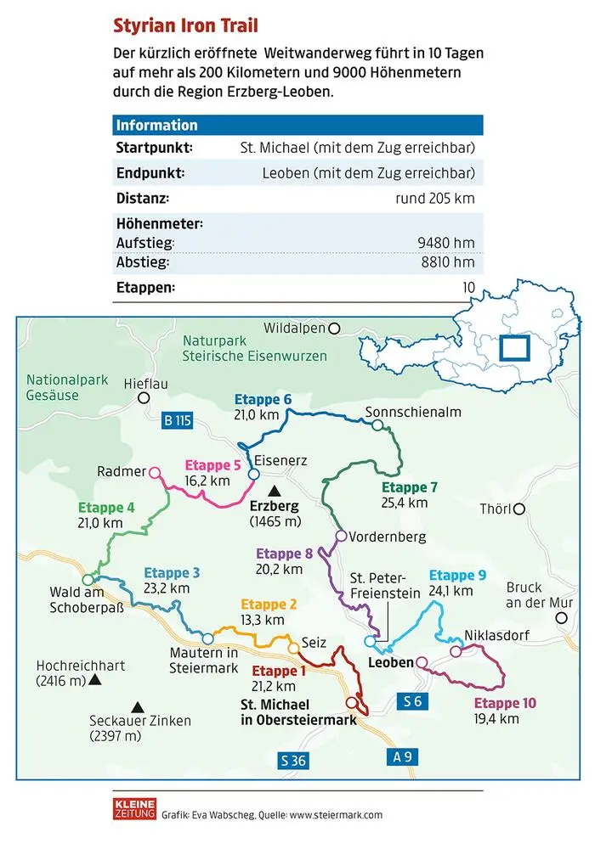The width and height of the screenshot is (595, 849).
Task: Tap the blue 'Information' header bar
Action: point(297,125)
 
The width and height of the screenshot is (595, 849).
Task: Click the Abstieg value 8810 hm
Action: point(447,262)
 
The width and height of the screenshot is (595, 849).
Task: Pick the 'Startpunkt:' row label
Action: point(154,148)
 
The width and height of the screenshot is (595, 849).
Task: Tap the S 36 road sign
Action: point(292,761)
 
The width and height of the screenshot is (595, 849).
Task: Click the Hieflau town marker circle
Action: point(144,397)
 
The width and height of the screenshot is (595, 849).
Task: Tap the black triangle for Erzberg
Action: point(274,491)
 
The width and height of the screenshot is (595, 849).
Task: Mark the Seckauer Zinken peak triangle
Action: point(136,706)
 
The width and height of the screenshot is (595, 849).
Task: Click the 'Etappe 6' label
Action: point(263,399)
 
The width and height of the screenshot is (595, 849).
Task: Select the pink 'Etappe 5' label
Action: point(213,464)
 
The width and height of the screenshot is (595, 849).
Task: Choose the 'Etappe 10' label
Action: point(506,703)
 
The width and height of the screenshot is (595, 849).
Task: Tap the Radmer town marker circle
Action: point(155,471)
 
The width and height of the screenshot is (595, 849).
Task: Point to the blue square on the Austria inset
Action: point(513,349)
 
